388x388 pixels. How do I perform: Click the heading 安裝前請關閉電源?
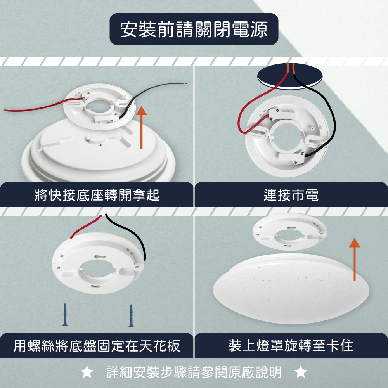194,29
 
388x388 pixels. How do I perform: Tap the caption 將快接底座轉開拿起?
97,195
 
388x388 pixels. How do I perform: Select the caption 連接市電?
291,195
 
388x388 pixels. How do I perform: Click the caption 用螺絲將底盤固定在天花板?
97,345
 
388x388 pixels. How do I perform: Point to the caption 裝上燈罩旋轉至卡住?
291,345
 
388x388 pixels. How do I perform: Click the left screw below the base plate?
65,315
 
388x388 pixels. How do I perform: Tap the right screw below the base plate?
131,316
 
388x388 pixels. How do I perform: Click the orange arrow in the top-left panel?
141,127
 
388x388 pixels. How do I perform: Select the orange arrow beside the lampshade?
354,259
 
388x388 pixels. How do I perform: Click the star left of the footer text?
87,372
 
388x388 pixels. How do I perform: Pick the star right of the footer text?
301,372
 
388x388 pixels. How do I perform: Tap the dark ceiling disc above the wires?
290,76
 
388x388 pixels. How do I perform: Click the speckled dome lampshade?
291,289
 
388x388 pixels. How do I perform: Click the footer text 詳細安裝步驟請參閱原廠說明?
194,372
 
